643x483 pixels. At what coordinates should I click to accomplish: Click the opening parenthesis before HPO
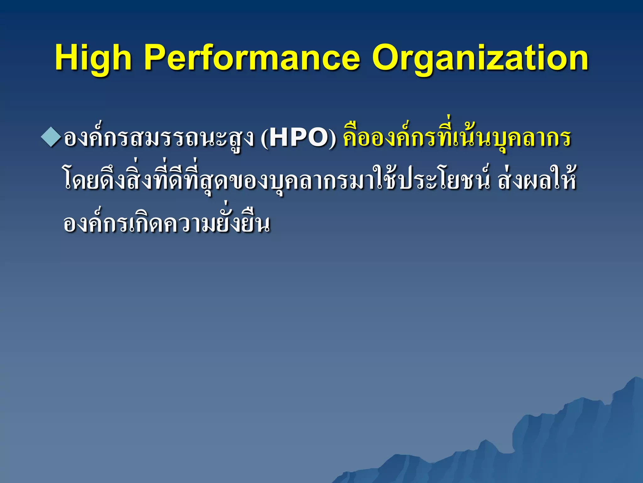pyautogui.click(x=264, y=139)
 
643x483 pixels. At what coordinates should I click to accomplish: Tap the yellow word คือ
pyautogui.click(x=355, y=138)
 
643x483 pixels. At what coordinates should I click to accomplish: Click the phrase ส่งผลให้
pyautogui.click(x=537, y=181)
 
